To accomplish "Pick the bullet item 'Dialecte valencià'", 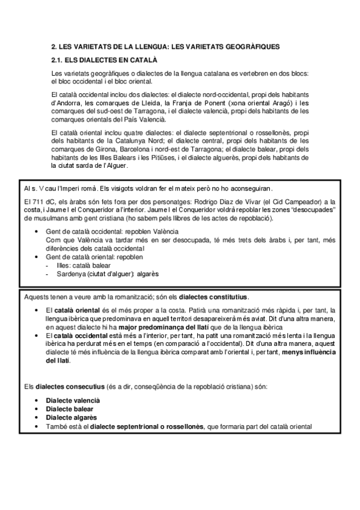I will pyautogui.click(x=73, y=400).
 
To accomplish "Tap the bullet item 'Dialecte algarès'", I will pyautogui.click(x=70, y=417).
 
